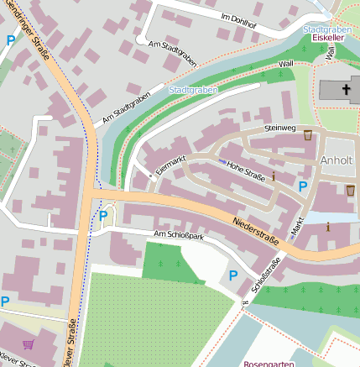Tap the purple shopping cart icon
[x=29, y=344]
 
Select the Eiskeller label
[x=328, y=39]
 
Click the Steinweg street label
[x=280, y=128]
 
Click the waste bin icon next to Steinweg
[x=308, y=134]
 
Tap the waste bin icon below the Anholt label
[x=350, y=190]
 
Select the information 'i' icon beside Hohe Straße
[x=273, y=176]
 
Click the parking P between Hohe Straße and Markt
[x=303, y=186]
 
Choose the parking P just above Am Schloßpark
[x=103, y=216]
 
